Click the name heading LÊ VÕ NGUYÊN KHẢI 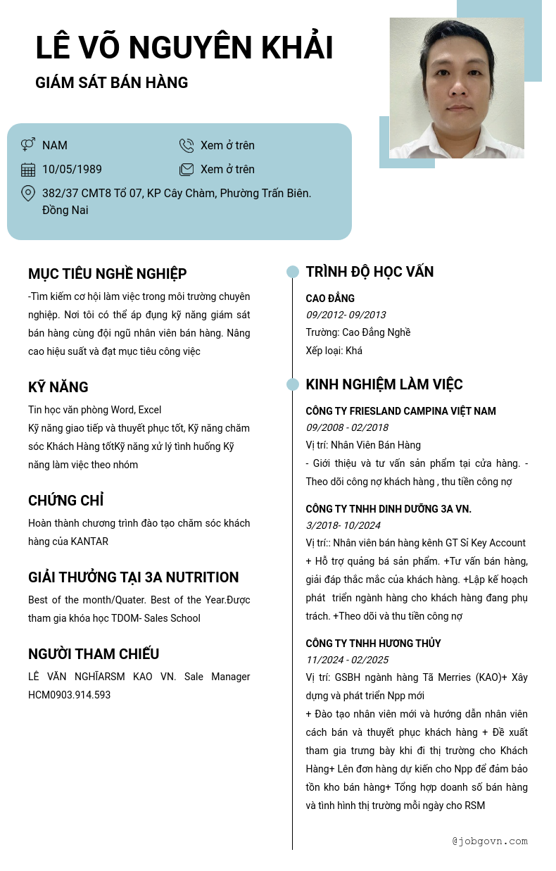[184, 49]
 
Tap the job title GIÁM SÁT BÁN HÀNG [111, 83]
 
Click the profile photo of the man [457, 88]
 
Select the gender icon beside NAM [28, 145]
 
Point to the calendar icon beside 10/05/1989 [28, 169]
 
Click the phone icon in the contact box [187, 145]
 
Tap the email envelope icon [187, 169]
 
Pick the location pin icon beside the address [28, 193]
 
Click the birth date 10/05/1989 [72, 169]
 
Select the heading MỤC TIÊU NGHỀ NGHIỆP [107, 274]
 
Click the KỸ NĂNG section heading [58, 387]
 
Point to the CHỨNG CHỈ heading [65, 501]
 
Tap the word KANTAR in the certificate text [89, 541]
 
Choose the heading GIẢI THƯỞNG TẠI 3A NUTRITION [133, 577]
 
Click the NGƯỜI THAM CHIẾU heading [94, 654]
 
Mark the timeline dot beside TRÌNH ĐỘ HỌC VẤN [293, 272]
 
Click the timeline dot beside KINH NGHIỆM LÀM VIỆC [293, 384]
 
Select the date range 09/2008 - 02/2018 [346, 427]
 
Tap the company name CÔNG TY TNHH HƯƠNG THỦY [373, 644]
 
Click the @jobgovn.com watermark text [489, 841]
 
